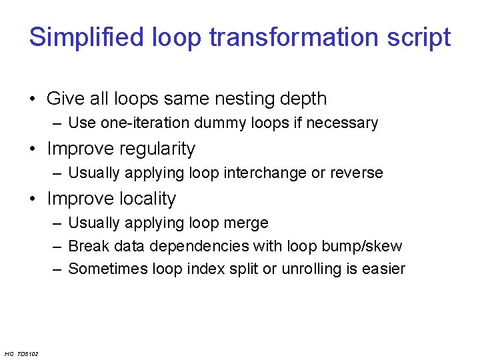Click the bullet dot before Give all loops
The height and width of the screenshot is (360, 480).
[x=32, y=99]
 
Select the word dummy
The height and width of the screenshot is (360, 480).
[x=218, y=123]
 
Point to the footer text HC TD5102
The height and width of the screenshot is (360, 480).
[x=21, y=353]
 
